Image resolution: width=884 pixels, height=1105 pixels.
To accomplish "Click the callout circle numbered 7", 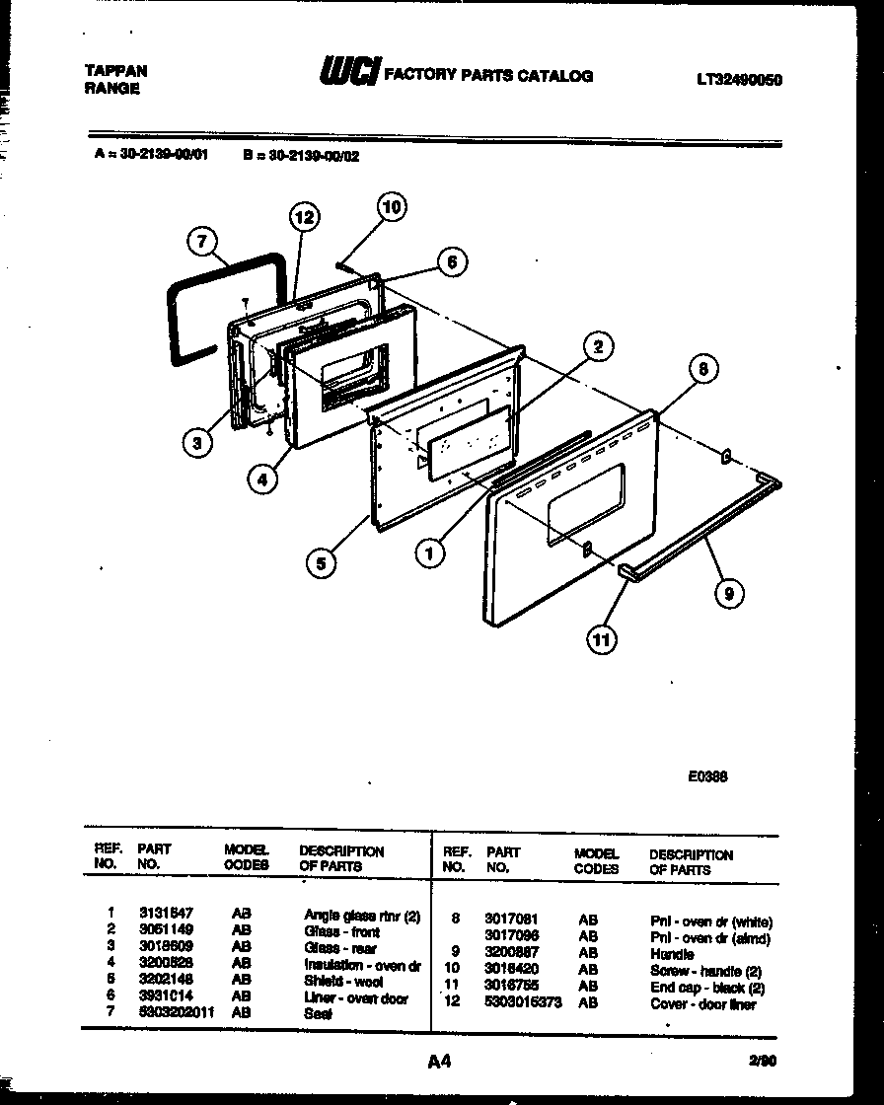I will point(201,242).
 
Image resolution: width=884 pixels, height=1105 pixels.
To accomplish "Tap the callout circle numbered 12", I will point(305,218).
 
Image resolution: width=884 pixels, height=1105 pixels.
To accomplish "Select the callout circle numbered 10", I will point(392,206).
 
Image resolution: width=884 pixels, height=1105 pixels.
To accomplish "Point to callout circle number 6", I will point(451,261).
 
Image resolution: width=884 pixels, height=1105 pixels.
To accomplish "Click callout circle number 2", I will point(597,345).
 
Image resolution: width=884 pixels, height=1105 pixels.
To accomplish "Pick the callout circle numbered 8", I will point(701,369).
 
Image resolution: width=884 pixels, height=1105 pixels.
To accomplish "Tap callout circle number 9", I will point(728,592).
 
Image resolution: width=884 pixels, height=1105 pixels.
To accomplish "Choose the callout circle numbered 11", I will point(602,639).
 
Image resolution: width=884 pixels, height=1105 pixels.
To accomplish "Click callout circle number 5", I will point(321,562).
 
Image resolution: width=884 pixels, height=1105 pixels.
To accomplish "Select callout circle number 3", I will point(198,443).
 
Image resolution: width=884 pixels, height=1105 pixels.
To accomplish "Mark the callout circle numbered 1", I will point(429,554).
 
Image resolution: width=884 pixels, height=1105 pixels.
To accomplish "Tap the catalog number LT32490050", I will point(738,81).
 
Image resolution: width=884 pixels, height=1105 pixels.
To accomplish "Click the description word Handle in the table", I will point(671,955).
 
